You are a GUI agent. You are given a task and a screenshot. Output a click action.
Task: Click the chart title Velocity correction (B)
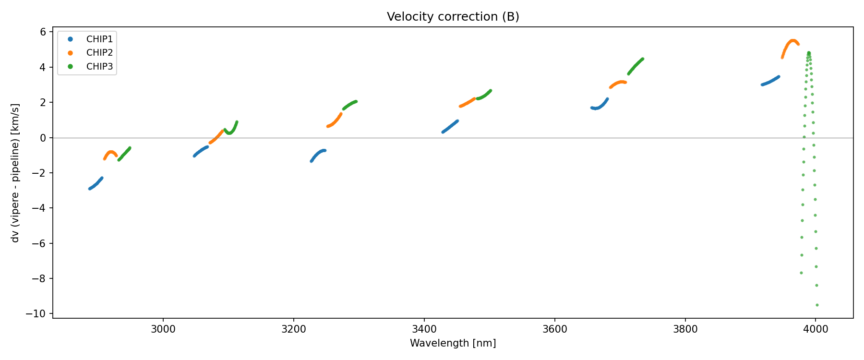coord(453,17)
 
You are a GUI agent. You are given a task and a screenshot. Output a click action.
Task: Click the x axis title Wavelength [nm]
coord(453,343)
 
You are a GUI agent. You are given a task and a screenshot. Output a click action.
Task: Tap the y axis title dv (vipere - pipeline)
coord(15,173)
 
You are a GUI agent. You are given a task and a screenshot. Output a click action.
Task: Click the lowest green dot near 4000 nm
coord(817,305)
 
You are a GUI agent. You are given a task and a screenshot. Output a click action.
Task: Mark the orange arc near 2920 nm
coord(111,153)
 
